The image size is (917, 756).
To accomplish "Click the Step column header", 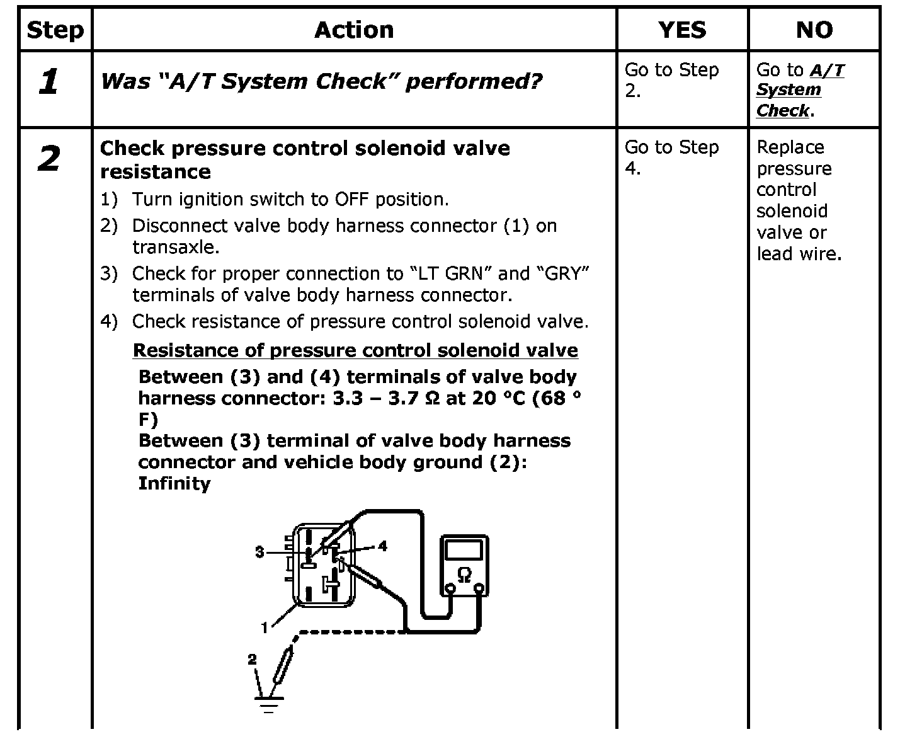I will click(x=55, y=30).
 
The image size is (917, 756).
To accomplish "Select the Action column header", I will click(x=354, y=30).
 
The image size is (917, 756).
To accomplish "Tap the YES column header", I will click(x=682, y=30).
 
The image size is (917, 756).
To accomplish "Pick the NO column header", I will click(x=814, y=30).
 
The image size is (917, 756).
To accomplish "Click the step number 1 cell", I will click(x=49, y=83).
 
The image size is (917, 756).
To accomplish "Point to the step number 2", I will click(x=49, y=159).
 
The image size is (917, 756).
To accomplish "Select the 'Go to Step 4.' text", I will click(x=671, y=157).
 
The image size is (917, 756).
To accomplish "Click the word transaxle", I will click(x=175, y=247).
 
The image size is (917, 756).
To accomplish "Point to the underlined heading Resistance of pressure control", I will click(x=355, y=350).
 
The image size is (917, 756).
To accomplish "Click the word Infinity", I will click(x=174, y=484).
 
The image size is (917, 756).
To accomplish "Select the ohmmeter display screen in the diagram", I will click(x=464, y=550).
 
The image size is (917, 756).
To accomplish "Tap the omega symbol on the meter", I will click(x=464, y=575).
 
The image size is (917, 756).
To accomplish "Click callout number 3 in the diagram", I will click(x=259, y=552).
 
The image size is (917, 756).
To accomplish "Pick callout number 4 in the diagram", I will click(x=382, y=546).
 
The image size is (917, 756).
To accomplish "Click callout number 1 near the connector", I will click(x=265, y=627).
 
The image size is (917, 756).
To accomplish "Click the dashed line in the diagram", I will click(x=350, y=631).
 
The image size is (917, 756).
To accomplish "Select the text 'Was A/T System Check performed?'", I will click(x=321, y=81).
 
